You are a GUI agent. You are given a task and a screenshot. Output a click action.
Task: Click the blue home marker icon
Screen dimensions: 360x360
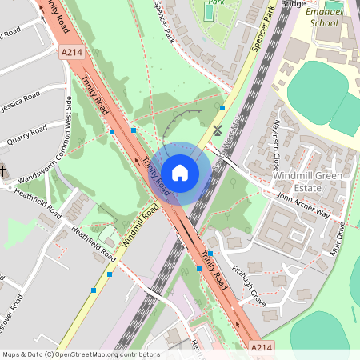pos(180,173)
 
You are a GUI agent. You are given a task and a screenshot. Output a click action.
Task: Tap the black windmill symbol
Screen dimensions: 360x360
pos(217,130)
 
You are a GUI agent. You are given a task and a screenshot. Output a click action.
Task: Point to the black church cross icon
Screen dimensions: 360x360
pos(3,170)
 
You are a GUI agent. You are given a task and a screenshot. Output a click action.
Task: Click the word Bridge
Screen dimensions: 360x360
pos(294,4)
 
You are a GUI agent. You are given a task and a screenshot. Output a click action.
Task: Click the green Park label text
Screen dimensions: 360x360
pos(212,2)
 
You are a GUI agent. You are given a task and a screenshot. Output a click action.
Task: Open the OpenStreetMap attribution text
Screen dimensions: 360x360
pos(80,354)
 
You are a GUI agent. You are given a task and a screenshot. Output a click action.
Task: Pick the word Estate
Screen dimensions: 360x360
pos(307,188)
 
